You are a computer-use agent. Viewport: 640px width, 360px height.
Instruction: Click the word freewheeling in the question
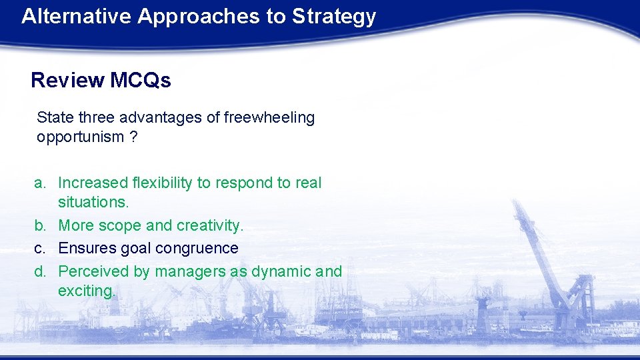tap(269, 118)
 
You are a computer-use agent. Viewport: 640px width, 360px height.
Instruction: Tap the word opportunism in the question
tap(80, 137)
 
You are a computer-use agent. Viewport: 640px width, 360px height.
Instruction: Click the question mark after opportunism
tap(134, 137)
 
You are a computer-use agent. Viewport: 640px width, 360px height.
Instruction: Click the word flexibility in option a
tap(167, 183)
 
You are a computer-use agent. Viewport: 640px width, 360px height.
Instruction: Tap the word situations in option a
tap(93, 202)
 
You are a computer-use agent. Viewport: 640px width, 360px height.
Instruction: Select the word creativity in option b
tap(212, 226)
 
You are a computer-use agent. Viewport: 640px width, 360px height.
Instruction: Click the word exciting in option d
tap(86, 291)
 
